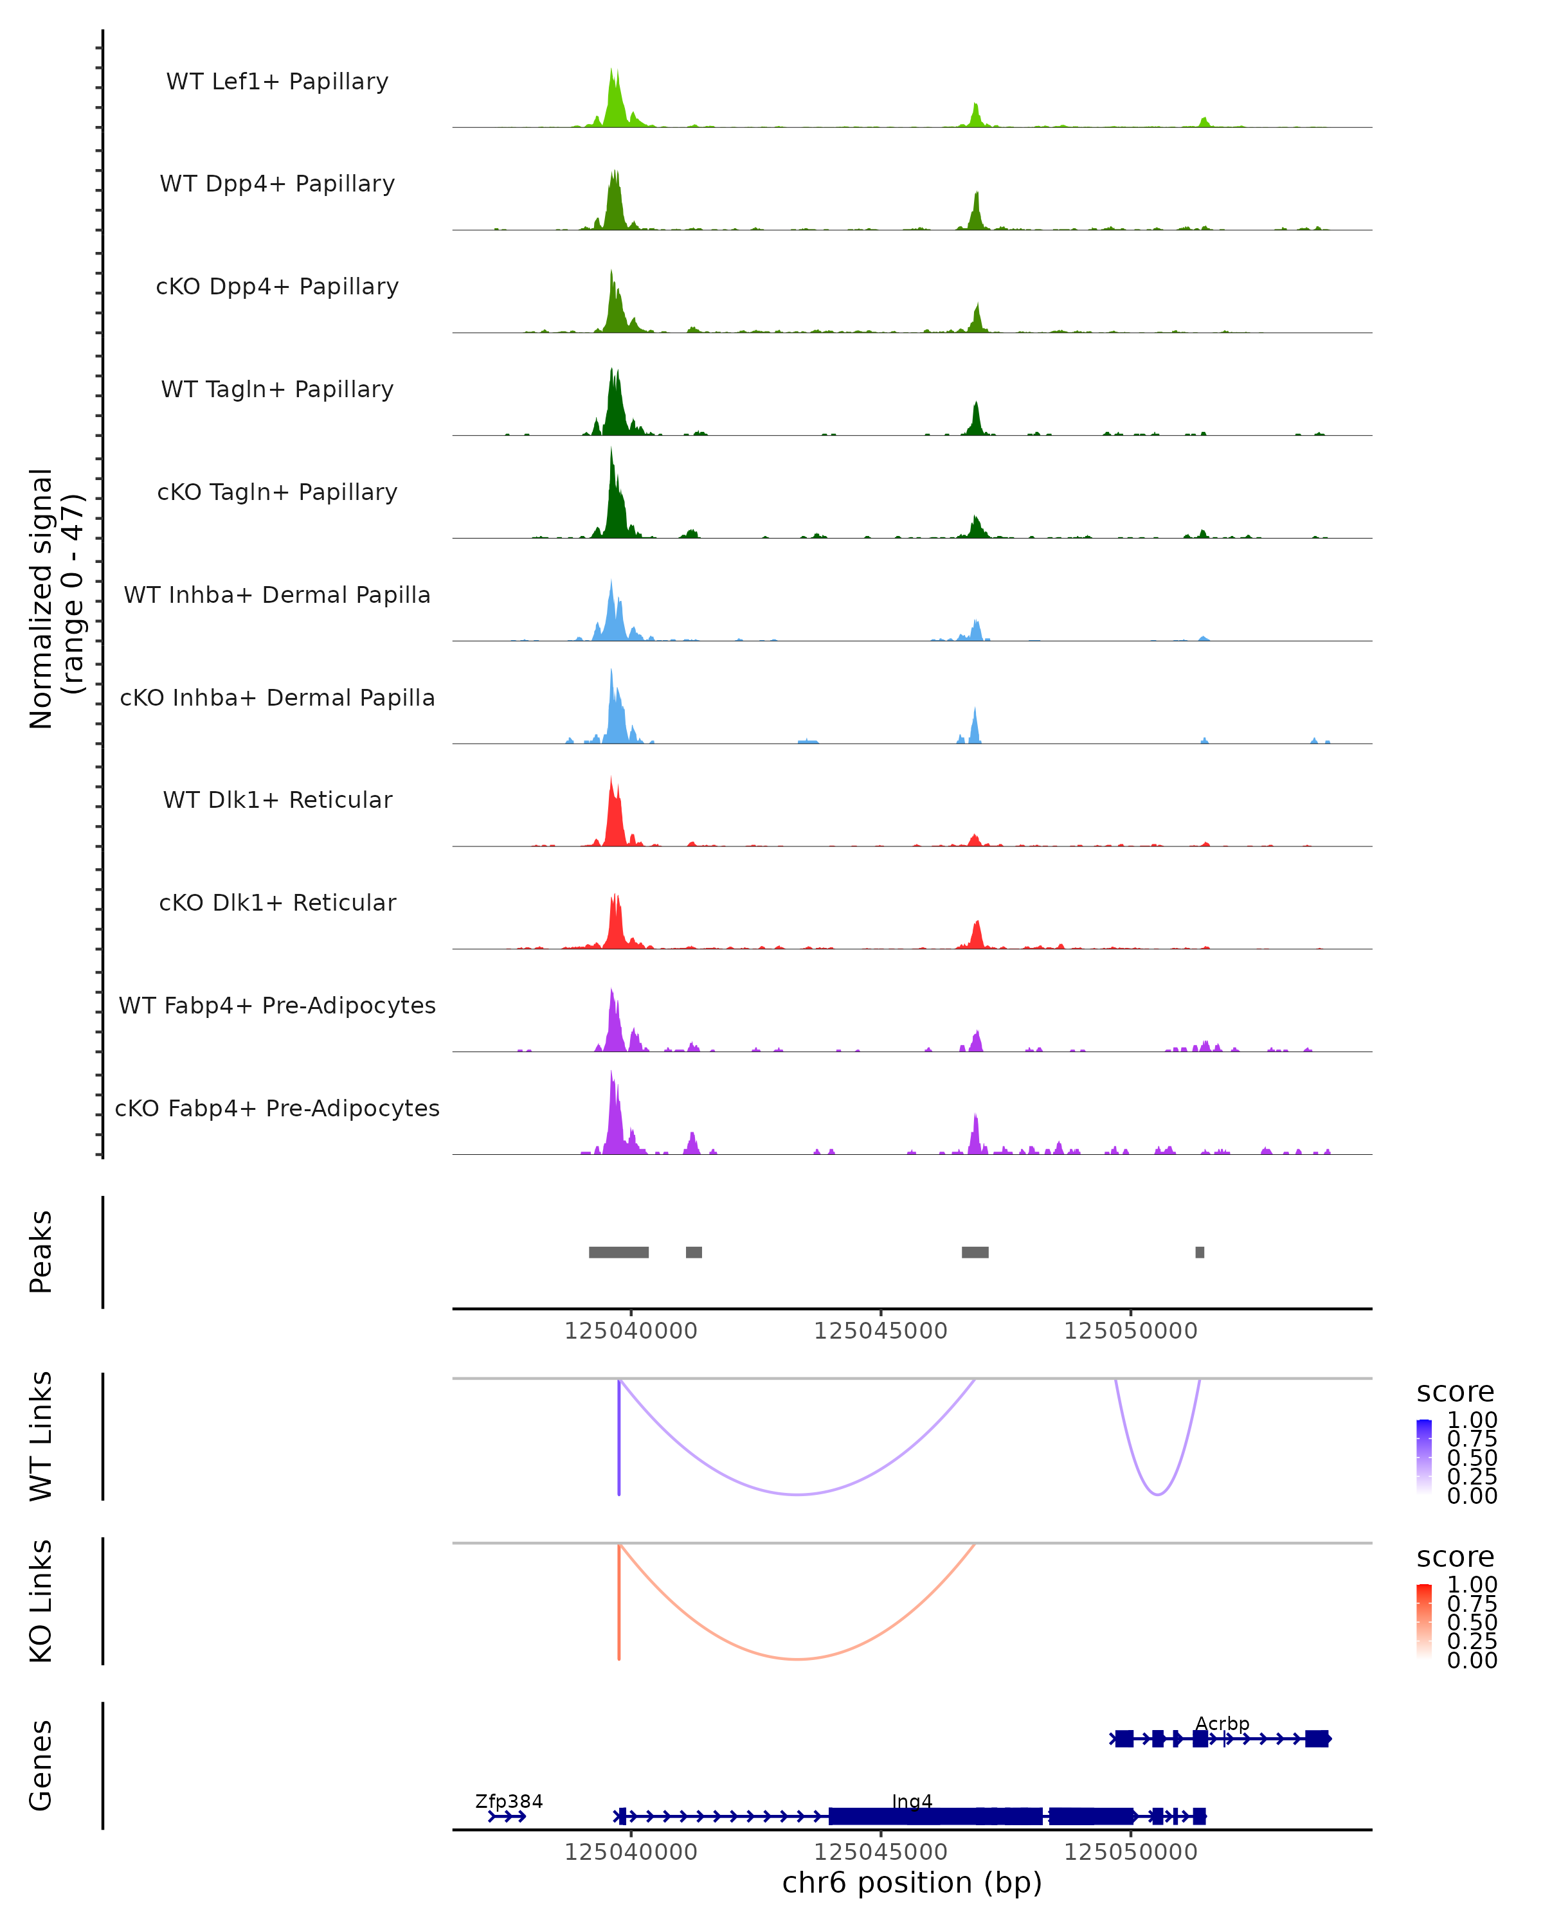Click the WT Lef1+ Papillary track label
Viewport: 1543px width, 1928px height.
click(x=277, y=82)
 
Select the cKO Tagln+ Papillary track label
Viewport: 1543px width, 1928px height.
click(x=277, y=492)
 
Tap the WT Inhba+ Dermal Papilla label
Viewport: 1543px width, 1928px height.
click(x=277, y=594)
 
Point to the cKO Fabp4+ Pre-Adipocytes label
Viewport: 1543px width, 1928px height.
click(x=277, y=1108)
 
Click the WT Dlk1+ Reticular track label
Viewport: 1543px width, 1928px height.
click(x=277, y=799)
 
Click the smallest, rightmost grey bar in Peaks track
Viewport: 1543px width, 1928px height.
click(x=1200, y=1252)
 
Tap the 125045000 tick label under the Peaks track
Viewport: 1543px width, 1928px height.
click(x=880, y=1331)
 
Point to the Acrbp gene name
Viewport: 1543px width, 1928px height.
click(x=1222, y=1723)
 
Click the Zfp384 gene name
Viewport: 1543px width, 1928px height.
click(x=509, y=1801)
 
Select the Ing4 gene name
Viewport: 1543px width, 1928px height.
click(x=912, y=1801)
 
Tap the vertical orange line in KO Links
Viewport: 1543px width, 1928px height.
click(x=619, y=1601)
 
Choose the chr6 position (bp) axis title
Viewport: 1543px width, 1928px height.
click(x=912, y=1882)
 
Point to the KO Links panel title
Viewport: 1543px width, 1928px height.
click(x=41, y=1601)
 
